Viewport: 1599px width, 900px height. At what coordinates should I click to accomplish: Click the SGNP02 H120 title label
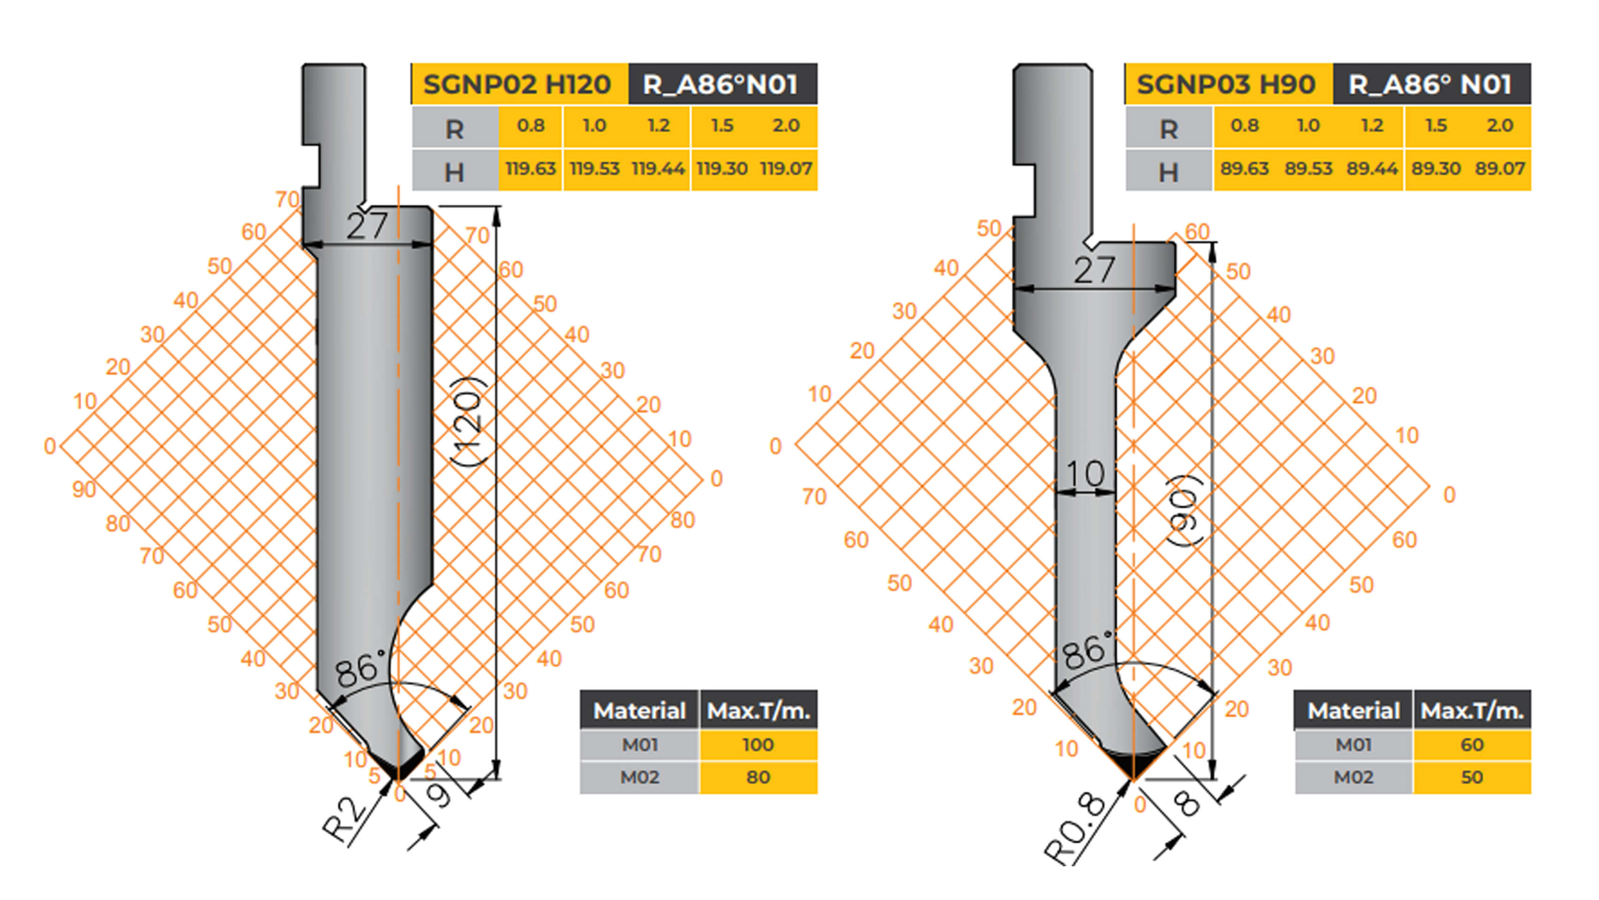coord(517,84)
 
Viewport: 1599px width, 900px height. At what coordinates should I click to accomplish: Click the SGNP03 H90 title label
coord(1226,84)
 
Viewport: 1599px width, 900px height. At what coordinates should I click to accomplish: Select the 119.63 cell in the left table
coord(530,169)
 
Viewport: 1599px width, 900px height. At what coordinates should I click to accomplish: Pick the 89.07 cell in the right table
coord(1500,169)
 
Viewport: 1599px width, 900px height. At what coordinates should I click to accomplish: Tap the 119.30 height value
coord(721,169)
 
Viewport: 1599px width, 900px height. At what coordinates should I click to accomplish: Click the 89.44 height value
coord(1372,169)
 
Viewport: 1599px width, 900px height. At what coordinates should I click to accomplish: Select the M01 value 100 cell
coord(758,744)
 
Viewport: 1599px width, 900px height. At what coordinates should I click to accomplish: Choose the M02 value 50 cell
coord(1472,777)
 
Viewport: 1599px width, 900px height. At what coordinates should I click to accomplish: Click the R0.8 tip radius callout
coord(1076,829)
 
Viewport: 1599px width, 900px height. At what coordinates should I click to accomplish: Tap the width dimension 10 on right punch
coord(1085,474)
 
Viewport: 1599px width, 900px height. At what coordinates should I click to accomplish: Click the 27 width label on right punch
coord(1094,270)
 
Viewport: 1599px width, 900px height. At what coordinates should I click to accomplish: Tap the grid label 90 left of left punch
coord(84,489)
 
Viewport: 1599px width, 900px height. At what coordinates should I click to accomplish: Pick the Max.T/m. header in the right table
coord(1472,711)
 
